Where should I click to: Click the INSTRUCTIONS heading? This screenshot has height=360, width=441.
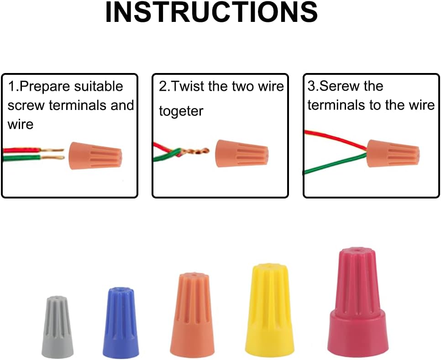coord(211,13)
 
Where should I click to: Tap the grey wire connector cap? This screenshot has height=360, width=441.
coord(58,327)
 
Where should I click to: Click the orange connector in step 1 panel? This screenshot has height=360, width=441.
coord(95,156)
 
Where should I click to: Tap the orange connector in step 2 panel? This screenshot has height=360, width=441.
coord(241,154)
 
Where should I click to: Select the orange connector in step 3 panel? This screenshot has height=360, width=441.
coord(393,153)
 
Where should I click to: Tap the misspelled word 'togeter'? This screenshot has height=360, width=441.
coord(181,111)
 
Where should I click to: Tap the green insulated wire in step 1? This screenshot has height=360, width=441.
coord(22,158)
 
